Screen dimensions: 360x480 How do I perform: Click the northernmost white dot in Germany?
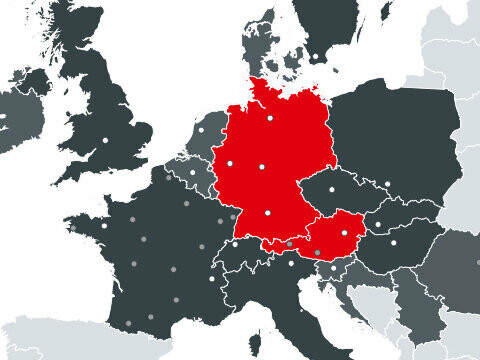[x=269, y=119]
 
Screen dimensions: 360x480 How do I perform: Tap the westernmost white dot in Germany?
[x=229, y=162]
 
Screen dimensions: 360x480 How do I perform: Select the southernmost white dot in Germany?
[x=268, y=212]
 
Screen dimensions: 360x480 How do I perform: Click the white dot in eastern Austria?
[x=345, y=232]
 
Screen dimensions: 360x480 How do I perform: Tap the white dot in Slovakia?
[x=378, y=223]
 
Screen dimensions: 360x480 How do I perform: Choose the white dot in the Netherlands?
[x=200, y=130]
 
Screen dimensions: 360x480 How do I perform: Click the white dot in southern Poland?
[x=387, y=183]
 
